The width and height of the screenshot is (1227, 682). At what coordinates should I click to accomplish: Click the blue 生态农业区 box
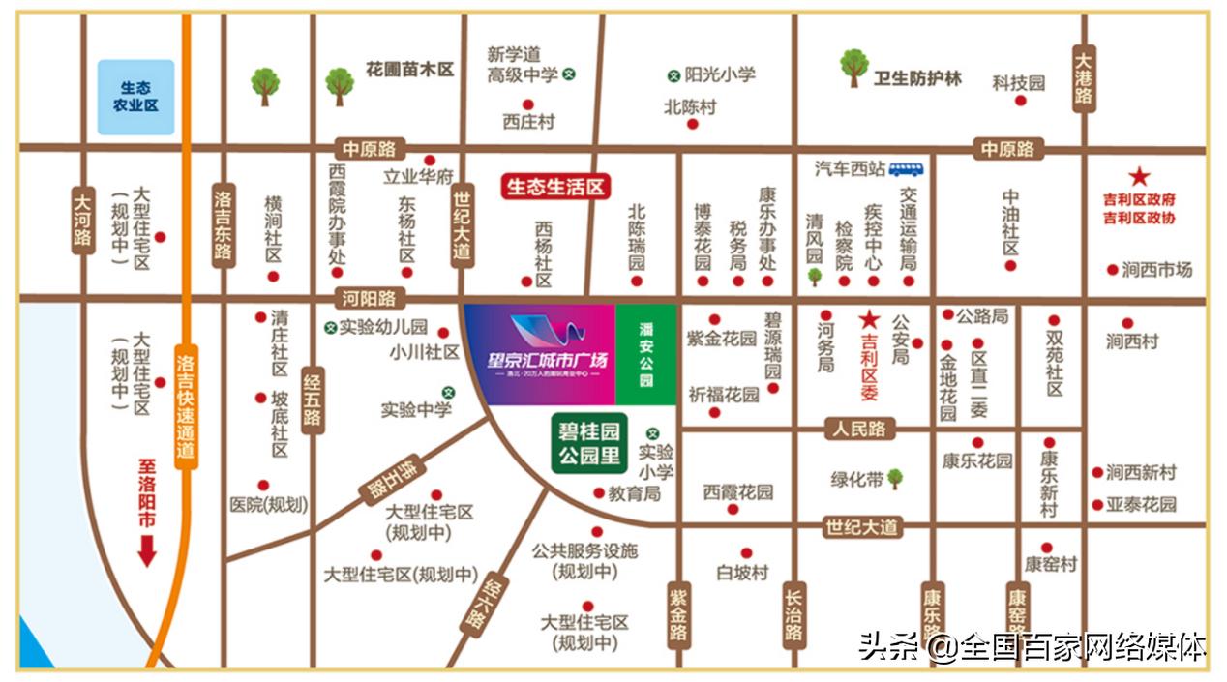(x=135, y=97)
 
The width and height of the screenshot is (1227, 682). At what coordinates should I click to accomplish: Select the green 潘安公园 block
(x=646, y=354)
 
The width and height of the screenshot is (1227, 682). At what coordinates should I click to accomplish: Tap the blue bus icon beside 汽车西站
(x=907, y=169)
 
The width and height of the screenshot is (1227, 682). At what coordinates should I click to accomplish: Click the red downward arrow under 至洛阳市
(x=147, y=550)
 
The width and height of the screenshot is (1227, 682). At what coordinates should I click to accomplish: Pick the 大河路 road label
(x=83, y=221)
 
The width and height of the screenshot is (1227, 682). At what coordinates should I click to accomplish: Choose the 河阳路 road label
(x=370, y=299)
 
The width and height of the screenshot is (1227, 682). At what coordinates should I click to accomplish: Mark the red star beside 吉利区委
(x=869, y=318)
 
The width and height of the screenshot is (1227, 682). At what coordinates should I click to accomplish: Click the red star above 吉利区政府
(x=1140, y=176)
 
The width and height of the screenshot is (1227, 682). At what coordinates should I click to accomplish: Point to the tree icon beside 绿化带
(x=895, y=477)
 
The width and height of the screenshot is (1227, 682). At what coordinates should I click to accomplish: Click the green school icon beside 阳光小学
(x=673, y=75)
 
